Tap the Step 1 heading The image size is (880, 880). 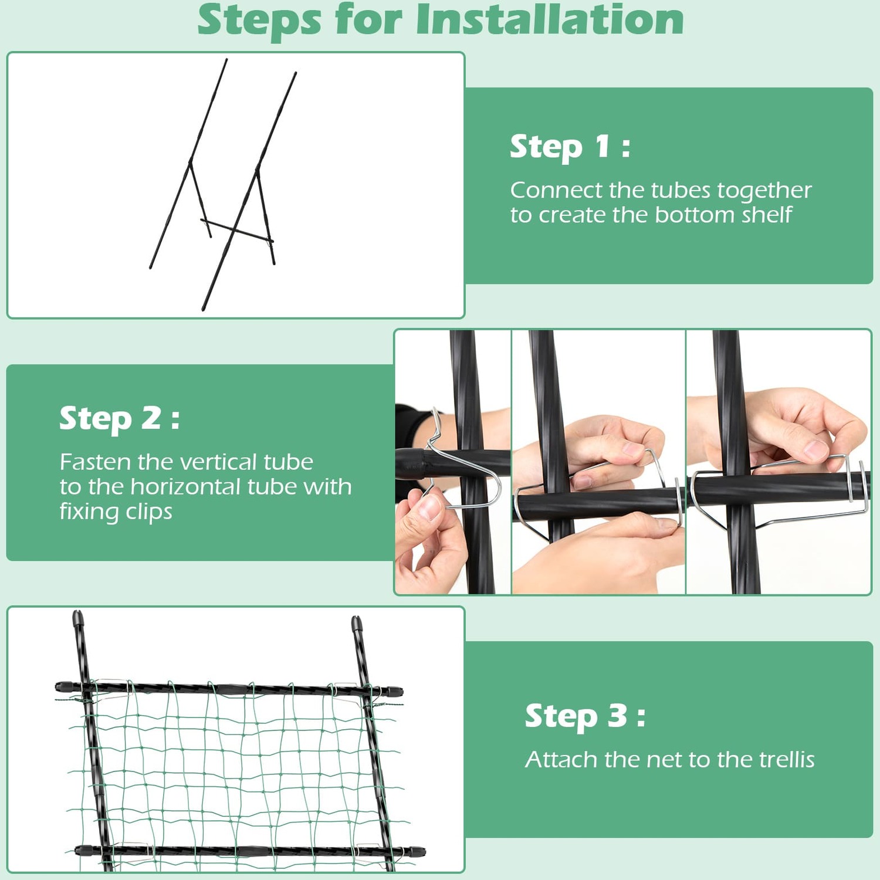(570, 147)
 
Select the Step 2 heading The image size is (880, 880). (120, 419)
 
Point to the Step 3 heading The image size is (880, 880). (585, 716)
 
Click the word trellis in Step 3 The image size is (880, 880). (787, 760)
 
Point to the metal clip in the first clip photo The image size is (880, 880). (463, 463)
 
